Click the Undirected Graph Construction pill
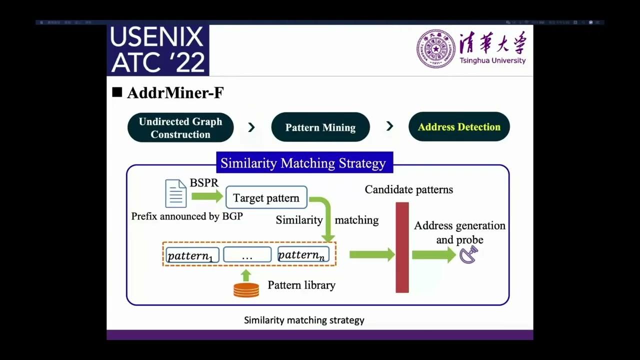tap(180, 127)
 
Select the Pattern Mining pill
tap(320, 127)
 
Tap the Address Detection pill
tap(459, 127)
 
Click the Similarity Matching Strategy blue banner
tap(303, 163)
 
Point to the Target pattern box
tap(266, 198)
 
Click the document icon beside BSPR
tap(176, 194)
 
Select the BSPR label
tap(204, 183)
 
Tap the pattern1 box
tap(192, 255)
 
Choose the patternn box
tap(303, 254)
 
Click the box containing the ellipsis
tap(247, 255)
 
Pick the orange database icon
tap(246, 290)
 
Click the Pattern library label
tap(301, 285)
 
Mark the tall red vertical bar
tap(402, 247)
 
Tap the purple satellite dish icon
tap(469, 255)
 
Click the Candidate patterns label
tap(408, 189)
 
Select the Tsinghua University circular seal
tap(435, 48)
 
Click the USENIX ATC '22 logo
tap(158, 50)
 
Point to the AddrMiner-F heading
tap(175, 93)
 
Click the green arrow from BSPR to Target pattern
tap(207, 196)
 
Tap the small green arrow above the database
tap(245, 275)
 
